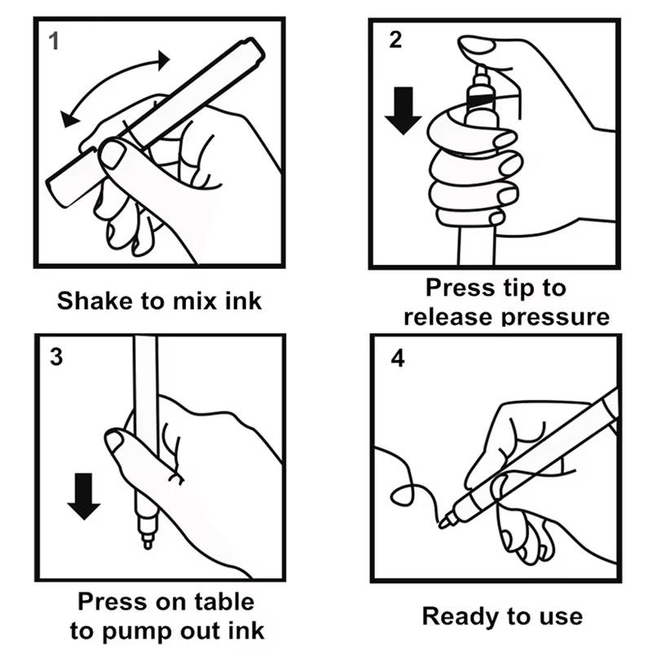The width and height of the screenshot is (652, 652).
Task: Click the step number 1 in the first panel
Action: point(55,41)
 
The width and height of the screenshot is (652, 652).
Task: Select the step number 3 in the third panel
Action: point(55,357)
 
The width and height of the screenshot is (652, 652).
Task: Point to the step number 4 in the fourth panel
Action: point(398,358)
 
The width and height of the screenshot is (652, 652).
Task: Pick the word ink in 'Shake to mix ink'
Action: point(244,301)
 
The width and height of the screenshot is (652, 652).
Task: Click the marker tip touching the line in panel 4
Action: point(445,522)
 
